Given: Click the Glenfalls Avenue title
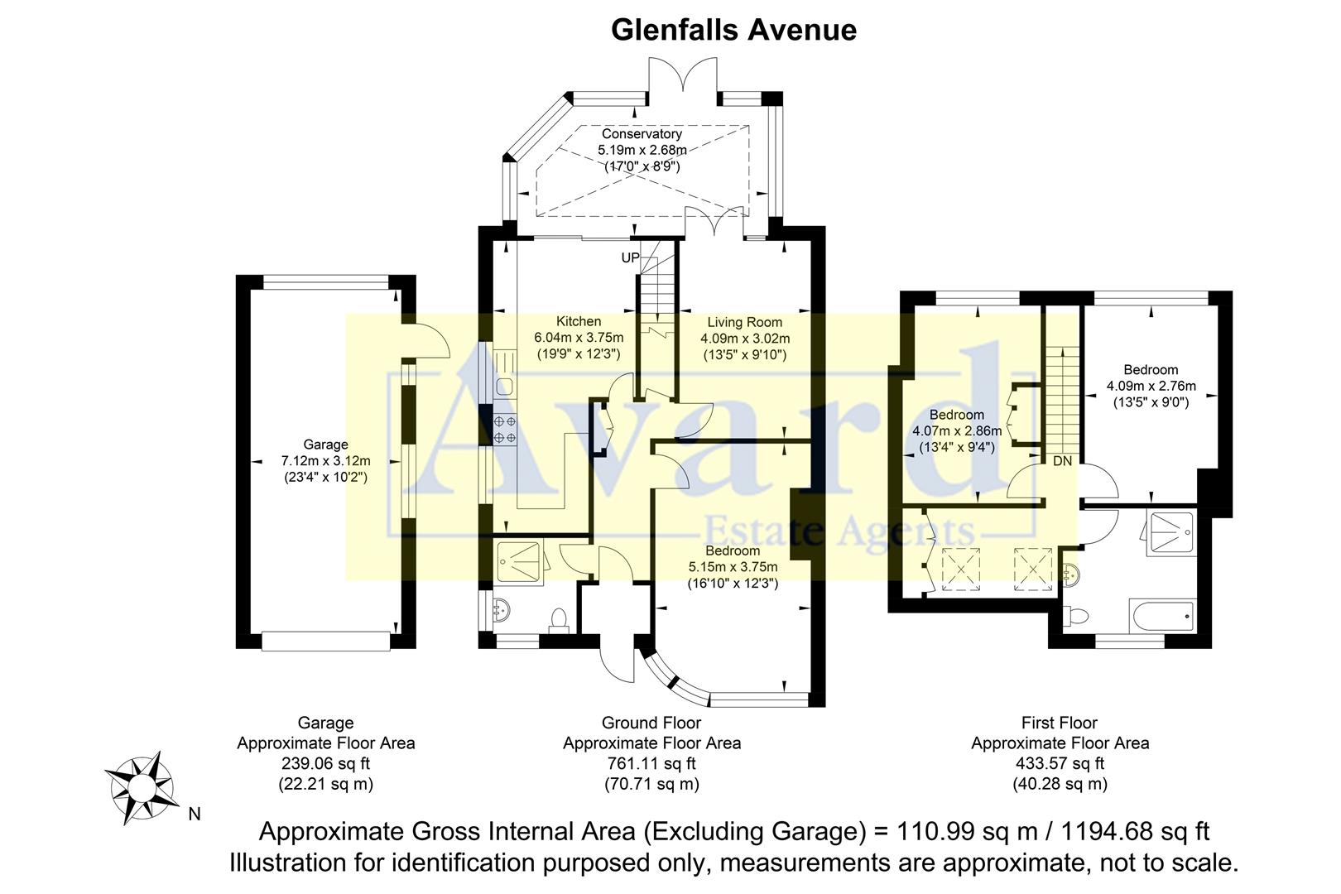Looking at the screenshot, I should [733, 30].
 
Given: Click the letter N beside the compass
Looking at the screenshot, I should [195, 815].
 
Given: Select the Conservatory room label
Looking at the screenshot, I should [642, 134].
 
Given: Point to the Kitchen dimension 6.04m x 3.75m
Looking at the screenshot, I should [579, 338].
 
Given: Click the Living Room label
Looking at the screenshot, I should [744, 322].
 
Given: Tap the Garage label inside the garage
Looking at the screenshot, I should [325, 445].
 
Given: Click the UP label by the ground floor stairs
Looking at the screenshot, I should [630, 258].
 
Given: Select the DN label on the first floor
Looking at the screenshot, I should [1062, 461].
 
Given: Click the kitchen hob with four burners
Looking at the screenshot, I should [505, 429].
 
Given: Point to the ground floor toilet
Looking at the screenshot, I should [560, 620].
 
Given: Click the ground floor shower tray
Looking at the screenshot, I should [521, 562].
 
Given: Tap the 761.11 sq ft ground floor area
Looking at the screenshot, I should [651, 763].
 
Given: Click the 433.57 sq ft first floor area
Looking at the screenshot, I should [1060, 763].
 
